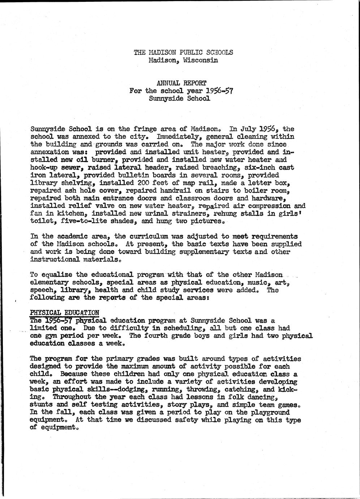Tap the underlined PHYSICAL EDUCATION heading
click(x=64, y=312)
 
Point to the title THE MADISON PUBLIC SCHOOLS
click(x=183, y=52)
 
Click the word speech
click(x=42, y=290)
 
